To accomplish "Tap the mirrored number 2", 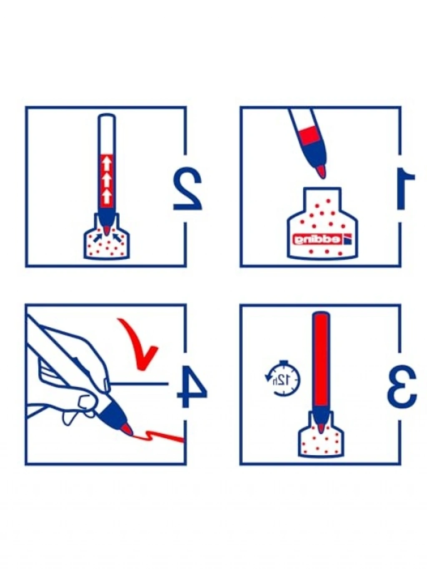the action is pos(187,188).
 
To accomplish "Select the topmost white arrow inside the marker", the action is pos(107,165).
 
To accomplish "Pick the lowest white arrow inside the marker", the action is pos(107,196).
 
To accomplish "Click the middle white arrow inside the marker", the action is pos(107,180).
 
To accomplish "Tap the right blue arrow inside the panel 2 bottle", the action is pos(116,238).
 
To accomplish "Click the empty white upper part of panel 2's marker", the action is pos(107,134).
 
